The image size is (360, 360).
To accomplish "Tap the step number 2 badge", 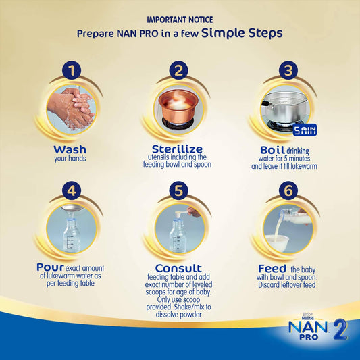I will [178, 70].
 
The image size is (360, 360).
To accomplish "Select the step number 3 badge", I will [287, 70].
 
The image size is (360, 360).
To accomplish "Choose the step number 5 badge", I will [178, 191].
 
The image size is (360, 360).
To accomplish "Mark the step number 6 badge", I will [287, 191].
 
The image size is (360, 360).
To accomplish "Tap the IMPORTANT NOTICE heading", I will [179, 20].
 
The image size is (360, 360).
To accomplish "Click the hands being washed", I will [71, 107].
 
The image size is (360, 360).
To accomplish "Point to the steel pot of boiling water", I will [284, 105].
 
